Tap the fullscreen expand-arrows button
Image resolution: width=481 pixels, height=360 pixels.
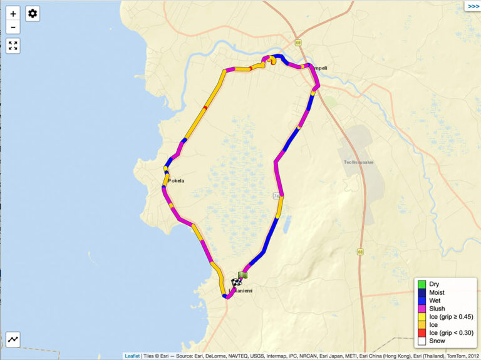[x=13, y=46]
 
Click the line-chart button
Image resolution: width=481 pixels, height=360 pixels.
[x=13, y=339]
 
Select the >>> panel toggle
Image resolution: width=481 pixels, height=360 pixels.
[x=473, y=6]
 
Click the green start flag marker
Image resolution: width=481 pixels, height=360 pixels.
[x=244, y=275]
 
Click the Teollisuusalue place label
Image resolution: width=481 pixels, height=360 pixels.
[x=358, y=162]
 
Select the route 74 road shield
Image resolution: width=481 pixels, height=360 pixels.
[x=276, y=196]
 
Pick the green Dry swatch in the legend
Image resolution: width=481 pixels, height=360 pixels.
[x=422, y=284]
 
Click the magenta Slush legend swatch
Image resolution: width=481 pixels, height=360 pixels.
[x=422, y=309]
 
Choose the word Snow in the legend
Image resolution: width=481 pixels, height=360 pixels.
[x=437, y=342]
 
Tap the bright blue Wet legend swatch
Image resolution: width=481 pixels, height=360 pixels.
[x=422, y=301]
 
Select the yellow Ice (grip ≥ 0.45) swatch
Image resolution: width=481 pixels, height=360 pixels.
[x=422, y=317]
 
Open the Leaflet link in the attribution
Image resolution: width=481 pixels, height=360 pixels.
[x=132, y=356]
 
